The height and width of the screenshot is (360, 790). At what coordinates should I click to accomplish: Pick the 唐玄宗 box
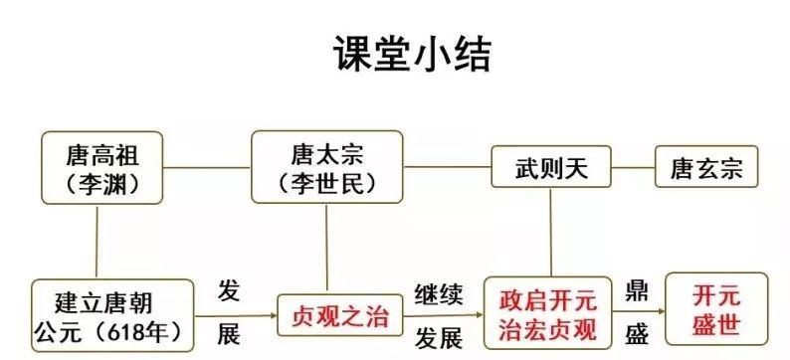(705, 167)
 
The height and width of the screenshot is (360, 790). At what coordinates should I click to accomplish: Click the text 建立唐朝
(98, 297)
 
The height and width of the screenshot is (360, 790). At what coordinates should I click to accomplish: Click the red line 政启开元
(549, 299)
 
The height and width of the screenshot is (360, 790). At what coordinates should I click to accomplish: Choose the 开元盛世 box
(716, 310)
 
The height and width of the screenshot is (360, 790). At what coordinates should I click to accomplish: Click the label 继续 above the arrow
(439, 292)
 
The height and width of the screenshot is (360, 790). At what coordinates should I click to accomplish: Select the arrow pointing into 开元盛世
(642, 314)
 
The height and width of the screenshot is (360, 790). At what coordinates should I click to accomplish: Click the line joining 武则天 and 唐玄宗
(631, 166)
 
